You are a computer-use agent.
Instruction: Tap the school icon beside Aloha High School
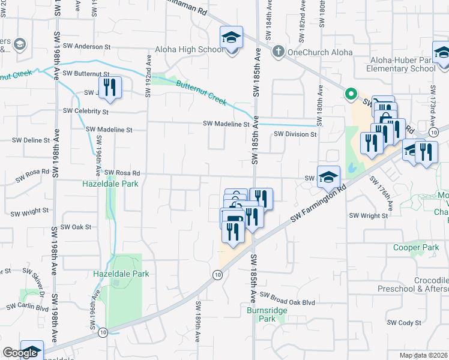231,38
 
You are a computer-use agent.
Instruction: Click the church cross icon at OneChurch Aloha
278,52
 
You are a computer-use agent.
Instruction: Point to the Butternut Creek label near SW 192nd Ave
201,92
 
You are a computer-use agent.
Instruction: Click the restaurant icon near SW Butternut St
110,88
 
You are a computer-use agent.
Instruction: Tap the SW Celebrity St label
88,112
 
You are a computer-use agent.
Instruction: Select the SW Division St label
295,134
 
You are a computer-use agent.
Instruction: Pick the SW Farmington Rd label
318,205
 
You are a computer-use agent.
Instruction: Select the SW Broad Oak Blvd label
292,303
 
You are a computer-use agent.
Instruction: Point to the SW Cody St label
404,323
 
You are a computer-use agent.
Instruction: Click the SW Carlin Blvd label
28,307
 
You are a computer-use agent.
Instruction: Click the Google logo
19,353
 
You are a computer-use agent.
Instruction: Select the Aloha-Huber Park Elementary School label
402,65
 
